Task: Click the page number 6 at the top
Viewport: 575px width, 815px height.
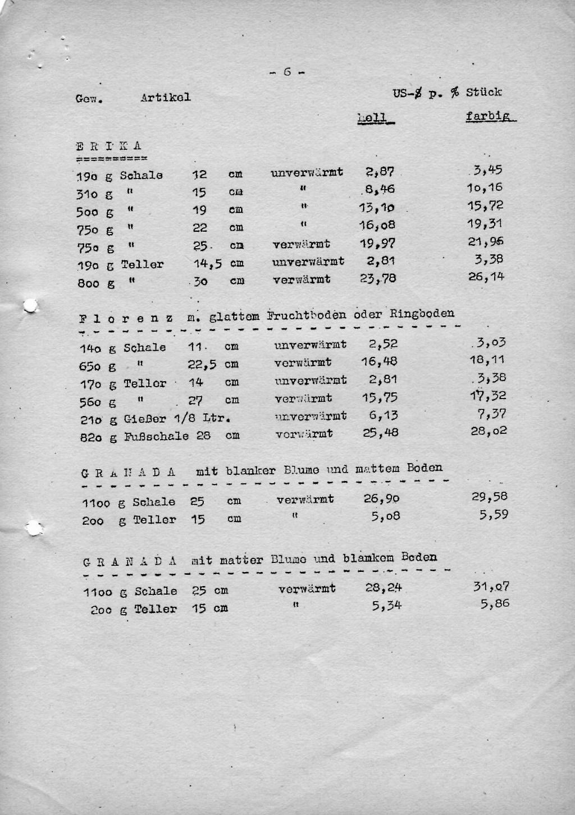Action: click(x=287, y=72)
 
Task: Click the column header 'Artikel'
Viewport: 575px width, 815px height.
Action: click(x=165, y=97)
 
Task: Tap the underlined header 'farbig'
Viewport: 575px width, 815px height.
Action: click(x=490, y=117)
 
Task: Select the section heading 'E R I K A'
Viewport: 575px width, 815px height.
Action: click(x=108, y=146)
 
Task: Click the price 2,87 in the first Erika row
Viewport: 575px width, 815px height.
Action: click(x=380, y=172)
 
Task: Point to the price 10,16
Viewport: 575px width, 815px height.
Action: click(x=485, y=187)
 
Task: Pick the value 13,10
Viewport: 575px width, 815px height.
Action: click(x=377, y=208)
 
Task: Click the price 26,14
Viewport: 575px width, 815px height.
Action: click(x=486, y=276)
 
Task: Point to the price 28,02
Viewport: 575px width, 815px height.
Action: click(x=489, y=431)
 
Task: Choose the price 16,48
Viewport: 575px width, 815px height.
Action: click(x=380, y=362)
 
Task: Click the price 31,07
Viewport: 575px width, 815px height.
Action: click(x=491, y=587)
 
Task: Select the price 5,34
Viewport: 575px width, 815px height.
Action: click(x=386, y=606)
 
